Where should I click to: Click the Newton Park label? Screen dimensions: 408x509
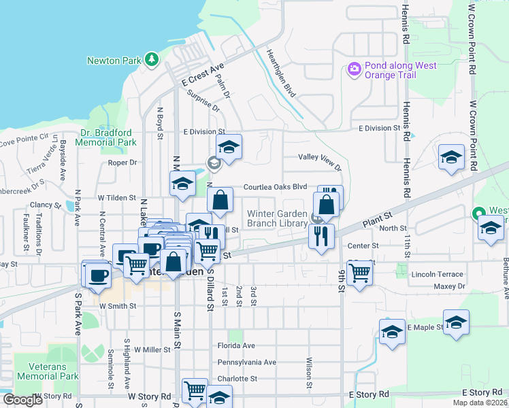click(114, 61)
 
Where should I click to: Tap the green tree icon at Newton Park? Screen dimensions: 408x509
click(152, 61)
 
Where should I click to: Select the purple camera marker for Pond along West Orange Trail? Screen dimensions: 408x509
click(354, 69)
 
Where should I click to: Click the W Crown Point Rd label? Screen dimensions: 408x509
click(472, 40)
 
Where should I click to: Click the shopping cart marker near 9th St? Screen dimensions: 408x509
click(359, 273)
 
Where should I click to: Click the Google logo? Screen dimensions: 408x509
click(22, 400)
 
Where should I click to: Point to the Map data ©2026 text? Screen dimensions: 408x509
click(479, 403)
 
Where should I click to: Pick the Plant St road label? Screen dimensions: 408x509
click(375, 222)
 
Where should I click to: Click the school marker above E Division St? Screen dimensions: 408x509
click(229, 147)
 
